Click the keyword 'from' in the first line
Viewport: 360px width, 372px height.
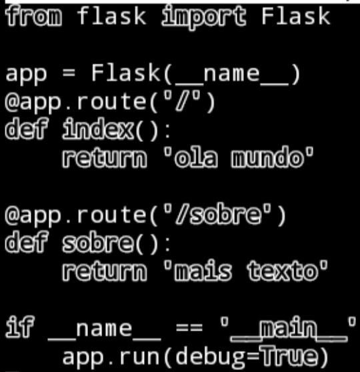33,16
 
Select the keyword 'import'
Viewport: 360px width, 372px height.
203,17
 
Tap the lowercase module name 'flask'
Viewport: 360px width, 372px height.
111,16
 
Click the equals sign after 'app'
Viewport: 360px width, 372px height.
69,73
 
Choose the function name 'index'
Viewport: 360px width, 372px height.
98,129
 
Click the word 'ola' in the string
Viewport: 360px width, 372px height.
196,157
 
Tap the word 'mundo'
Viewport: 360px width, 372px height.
267,157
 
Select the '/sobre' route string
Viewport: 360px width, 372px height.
217,215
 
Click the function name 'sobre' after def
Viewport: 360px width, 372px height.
98,243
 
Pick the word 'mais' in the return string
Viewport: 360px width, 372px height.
203,271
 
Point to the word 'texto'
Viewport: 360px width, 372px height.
283,271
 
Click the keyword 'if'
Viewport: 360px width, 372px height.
20,327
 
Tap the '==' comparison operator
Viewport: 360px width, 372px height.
189,328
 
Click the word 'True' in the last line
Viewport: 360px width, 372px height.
289,357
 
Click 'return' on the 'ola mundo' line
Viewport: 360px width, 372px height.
105,158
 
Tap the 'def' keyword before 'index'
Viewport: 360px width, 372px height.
26,129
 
